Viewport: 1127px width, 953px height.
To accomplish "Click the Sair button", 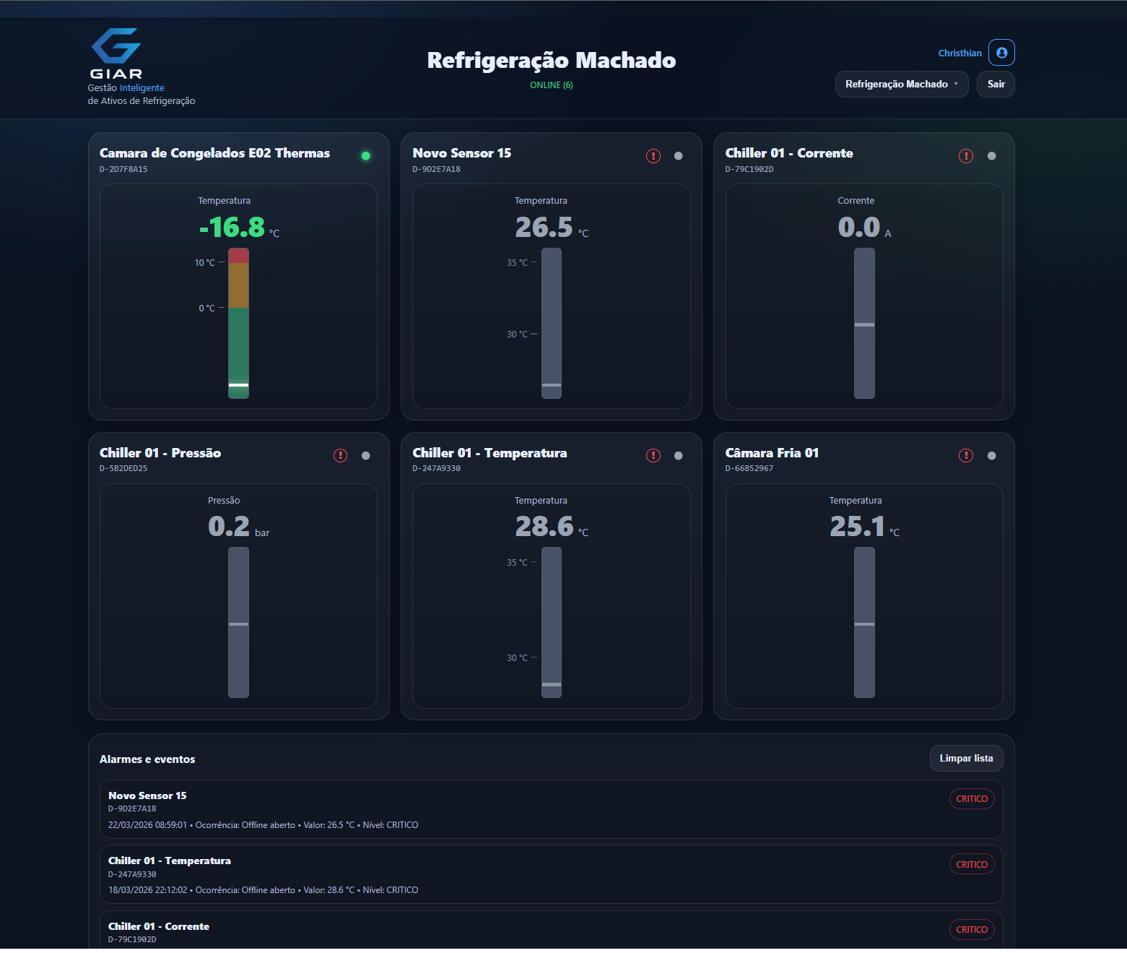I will tap(996, 84).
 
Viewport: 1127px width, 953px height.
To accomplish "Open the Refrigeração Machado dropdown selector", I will tap(901, 84).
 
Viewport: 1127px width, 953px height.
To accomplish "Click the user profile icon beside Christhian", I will tap(1001, 53).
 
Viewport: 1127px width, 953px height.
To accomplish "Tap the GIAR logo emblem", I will tap(116, 47).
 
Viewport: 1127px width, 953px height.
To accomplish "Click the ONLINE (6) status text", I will tap(551, 85).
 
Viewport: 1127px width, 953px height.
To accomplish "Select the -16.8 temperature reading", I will tap(232, 228).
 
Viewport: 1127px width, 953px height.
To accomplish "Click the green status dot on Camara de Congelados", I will tap(365, 155).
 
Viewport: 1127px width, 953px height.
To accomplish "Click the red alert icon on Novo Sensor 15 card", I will tap(653, 156).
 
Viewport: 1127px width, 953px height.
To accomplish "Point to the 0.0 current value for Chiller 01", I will tap(858, 228).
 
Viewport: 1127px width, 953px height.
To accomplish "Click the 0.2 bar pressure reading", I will tap(229, 527).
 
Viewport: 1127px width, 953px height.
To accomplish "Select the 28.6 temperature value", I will tap(544, 527).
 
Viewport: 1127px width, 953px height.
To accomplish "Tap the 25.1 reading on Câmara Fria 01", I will tap(857, 527).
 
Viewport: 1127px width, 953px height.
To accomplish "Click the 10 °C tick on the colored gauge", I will tap(205, 263).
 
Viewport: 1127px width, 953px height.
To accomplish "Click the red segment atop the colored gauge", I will tap(238, 255).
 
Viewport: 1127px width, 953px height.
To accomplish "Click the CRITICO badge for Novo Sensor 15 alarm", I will tap(971, 799).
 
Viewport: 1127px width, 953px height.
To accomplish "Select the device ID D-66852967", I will tap(749, 468).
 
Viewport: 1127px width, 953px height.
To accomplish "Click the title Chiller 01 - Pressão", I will tap(160, 453).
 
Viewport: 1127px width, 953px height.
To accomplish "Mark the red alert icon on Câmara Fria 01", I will tap(965, 455).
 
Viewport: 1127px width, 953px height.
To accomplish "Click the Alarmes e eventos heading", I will tap(147, 759).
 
